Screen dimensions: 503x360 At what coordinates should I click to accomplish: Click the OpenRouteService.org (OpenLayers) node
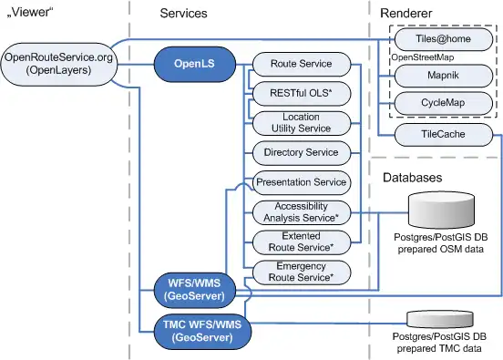59,64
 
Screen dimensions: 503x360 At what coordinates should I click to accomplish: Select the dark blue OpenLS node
195,64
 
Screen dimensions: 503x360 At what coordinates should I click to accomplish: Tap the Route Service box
302,64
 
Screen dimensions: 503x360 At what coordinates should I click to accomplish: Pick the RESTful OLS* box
302,93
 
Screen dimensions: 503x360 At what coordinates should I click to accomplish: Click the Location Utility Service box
302,123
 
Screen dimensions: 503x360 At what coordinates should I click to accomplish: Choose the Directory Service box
302,153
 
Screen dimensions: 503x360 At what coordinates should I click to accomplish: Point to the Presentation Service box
302,182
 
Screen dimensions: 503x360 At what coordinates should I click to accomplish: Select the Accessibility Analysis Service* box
302,212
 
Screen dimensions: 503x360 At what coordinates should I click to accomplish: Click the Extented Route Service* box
302,242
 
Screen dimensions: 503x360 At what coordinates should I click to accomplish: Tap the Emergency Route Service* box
302,273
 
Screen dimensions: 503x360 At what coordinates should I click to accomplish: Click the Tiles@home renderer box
444,39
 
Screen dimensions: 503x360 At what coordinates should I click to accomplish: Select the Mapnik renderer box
444,76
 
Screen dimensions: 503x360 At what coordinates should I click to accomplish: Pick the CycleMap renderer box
444,103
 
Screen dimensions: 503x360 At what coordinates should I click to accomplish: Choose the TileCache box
444,135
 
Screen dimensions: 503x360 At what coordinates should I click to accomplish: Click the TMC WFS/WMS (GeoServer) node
202,332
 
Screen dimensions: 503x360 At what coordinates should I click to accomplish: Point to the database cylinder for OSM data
441,211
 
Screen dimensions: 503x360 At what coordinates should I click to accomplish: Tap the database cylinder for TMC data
440,319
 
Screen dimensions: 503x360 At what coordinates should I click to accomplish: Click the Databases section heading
413,178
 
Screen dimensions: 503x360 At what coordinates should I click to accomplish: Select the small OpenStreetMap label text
423,57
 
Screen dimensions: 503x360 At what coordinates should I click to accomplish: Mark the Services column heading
183,14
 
